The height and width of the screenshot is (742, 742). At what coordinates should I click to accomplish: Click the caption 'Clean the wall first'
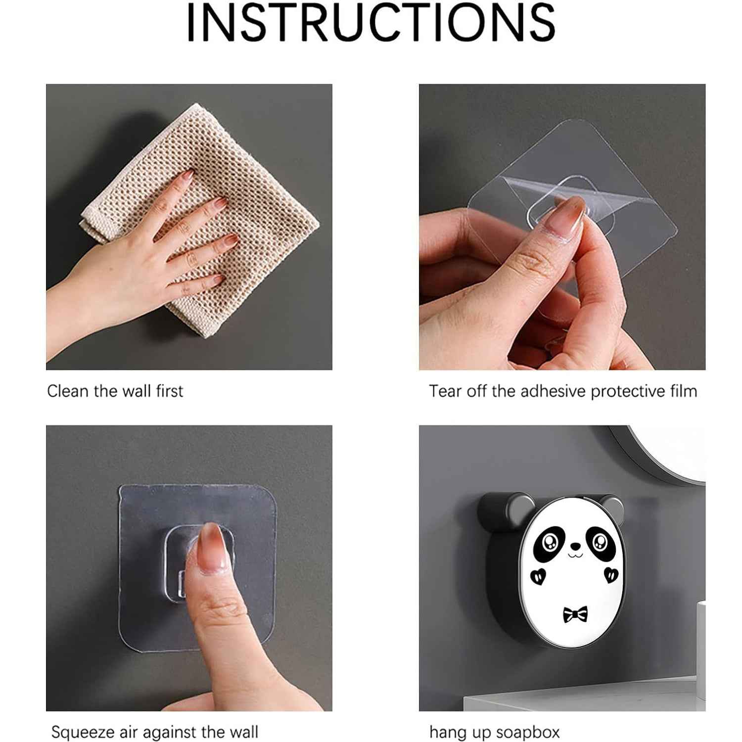(115, 391)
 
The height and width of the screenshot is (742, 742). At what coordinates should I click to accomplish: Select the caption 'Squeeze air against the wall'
(154, 732)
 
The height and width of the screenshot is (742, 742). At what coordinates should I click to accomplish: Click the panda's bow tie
(575, 614)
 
